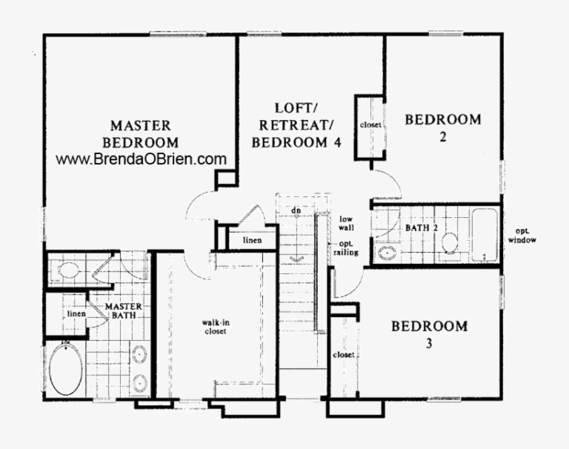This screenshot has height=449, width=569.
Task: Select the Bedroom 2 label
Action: pos(442,127)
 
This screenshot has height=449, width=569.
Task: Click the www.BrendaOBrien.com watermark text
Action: pos(141,159)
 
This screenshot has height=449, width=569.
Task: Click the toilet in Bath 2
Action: pos(450,243)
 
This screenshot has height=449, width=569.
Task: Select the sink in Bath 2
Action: pos(387,254)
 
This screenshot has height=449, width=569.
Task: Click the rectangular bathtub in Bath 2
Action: pos(485,234)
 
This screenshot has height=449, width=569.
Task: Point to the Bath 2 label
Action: pos(422,227)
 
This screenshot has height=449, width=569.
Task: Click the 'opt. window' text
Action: pos(522,235)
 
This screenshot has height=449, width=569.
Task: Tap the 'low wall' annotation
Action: pos(347,224)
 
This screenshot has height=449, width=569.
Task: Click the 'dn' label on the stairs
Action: pos(296,210)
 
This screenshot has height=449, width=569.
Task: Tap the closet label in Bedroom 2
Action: pos(370,125)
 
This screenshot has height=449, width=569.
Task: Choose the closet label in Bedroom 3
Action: pos(345,355)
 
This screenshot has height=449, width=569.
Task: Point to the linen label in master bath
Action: pos(76,313)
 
